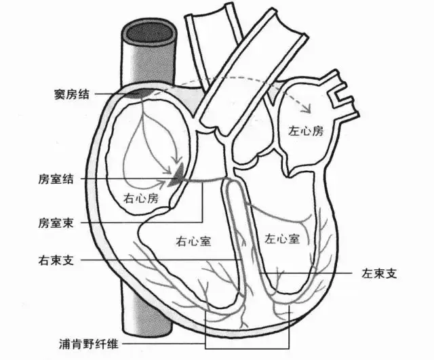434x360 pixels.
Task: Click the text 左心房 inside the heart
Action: [307, 132]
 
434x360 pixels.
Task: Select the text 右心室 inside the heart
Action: [193, 240]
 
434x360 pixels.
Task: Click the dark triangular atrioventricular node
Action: [178, 176]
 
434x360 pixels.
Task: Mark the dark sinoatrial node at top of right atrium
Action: [140, 94]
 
